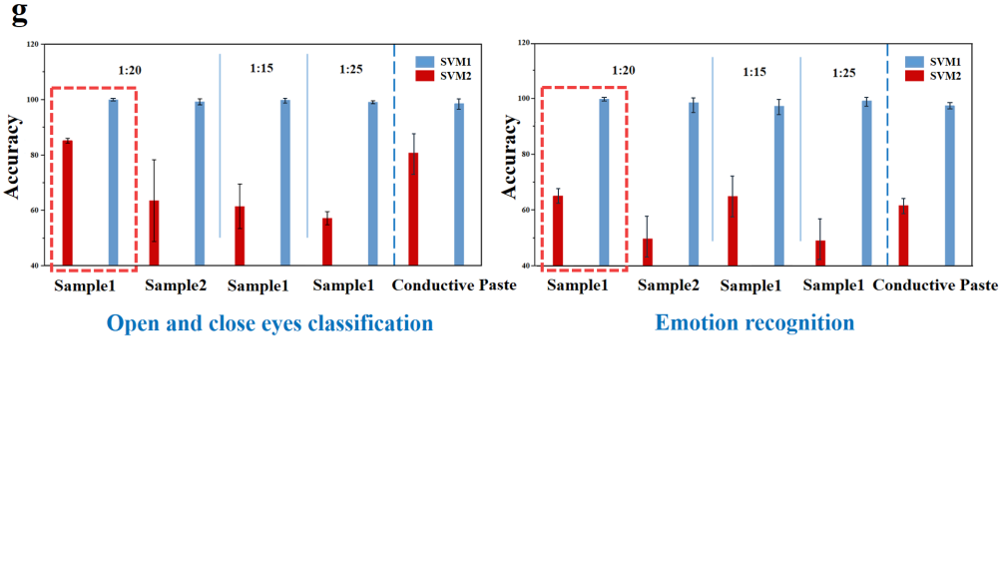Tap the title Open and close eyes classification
pyautogui.click(x=269, y=323)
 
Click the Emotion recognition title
pyautogui.click(x=754, y=322)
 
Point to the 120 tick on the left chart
pyautogui.click(x=33, y=45)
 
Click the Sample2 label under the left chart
pyautogui.click(x=176, y=286)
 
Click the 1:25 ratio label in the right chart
pyautogui.click(x=843, y=73)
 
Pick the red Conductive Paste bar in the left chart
pyautogui.click(x=413, y=209)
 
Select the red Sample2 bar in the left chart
pyautogui.click(x=155, y=233)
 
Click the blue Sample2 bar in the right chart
pyautogui.click(x=694, y=184)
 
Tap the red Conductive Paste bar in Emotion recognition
pyautogui.click(x=903, y=235)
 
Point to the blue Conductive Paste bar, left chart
pyautogui.click(x=459, y=184)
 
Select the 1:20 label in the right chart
pyautogui.click(x=623, y=71)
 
